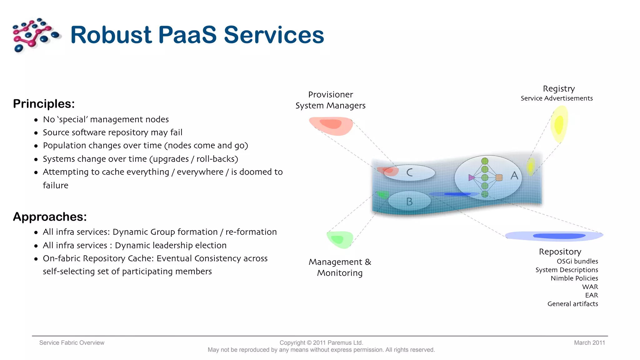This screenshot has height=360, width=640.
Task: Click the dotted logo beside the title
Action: (x=35, y=35)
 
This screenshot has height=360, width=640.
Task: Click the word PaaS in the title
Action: (x=187, y=35)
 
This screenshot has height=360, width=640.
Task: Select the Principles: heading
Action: (x=44, y=104)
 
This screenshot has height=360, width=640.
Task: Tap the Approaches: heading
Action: (x=50, y=217)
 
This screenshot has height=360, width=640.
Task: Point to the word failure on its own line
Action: (x=55, y=185)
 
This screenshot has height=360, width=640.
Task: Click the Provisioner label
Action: (x=330, y=94)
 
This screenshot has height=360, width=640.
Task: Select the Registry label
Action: (x=558, y=88)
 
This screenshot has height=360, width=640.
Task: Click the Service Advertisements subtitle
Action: (x=556, y=98)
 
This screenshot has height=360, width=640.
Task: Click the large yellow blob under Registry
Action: (x=559, y=124)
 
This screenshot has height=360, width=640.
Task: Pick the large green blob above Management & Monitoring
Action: (x=340, y=239)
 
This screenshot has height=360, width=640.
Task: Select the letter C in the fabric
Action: (x=409, y=172)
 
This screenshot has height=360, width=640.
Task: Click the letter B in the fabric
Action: (x=409, y=202)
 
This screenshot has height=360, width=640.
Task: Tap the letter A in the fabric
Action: (x=514, y=176)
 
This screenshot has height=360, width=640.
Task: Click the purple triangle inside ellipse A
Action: (x=471, y=177)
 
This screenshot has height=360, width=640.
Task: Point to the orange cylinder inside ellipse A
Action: (x=499, y=177)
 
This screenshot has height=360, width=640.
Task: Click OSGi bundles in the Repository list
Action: (x=577, y=261)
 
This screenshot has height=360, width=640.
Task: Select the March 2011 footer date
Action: (x=589, y=342)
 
